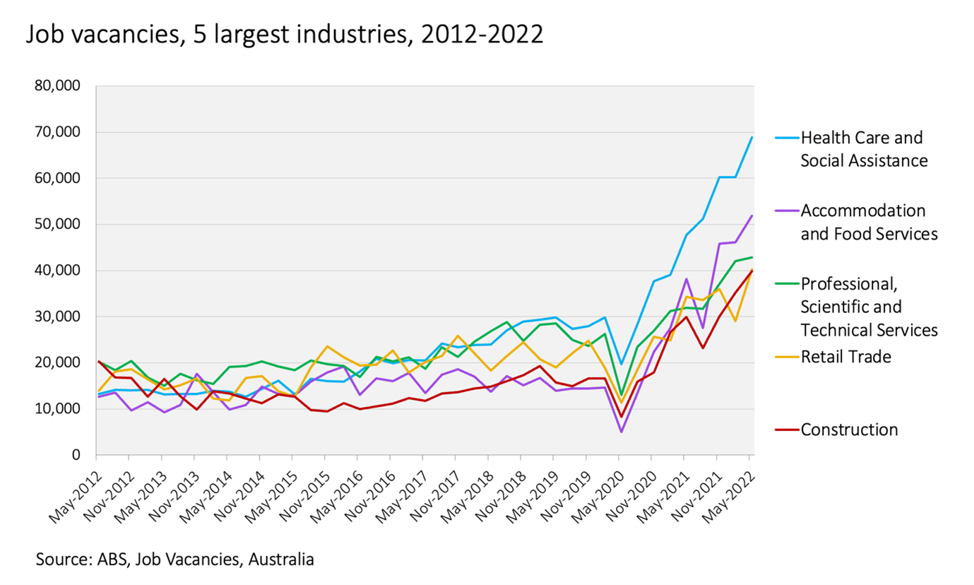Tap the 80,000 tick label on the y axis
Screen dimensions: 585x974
point(57,86)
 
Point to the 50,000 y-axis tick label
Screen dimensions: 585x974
point(57,225)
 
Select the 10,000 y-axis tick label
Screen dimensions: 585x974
point(57,409)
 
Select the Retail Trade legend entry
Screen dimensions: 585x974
point(846,357)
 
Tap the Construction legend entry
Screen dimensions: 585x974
point(849,430)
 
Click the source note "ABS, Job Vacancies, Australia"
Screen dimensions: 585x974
point(175,560)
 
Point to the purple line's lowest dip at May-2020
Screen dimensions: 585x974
point(621,432)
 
